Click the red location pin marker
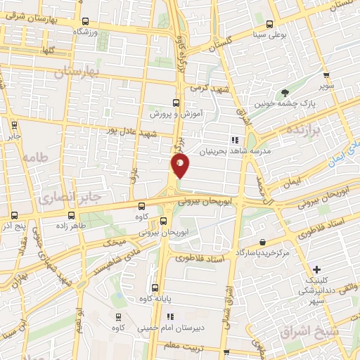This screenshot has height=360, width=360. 180,166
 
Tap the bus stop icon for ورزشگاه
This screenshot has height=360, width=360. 85,22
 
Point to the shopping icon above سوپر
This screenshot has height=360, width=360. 326,75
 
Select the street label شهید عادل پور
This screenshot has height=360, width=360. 129,131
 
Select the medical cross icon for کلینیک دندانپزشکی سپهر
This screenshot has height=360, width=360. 318,269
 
